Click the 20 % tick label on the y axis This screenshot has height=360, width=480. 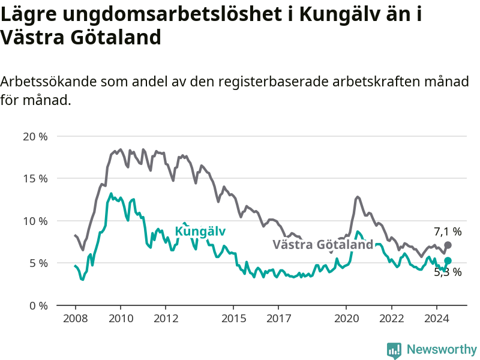35,137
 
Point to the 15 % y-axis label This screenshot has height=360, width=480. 35,179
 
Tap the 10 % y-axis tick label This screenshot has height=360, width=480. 35,221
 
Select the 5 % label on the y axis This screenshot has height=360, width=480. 38,263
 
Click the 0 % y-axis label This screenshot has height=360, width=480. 38,306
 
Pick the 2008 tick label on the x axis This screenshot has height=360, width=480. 76,319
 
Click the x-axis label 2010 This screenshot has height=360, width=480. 121,319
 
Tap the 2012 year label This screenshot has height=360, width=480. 166,319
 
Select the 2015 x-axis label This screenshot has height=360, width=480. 233,319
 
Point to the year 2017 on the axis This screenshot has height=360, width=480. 278,319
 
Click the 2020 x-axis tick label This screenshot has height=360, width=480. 347,319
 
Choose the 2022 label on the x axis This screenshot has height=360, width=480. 392,319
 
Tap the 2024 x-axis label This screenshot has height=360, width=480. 437,319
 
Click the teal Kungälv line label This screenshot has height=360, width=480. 200,231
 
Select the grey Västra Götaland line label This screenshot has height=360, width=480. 323,245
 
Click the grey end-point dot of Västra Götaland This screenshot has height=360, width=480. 448,245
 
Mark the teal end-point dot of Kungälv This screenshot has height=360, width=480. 448,260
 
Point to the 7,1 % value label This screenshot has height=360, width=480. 448,232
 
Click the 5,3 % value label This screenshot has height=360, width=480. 448,272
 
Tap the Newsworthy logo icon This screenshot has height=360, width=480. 394,350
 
